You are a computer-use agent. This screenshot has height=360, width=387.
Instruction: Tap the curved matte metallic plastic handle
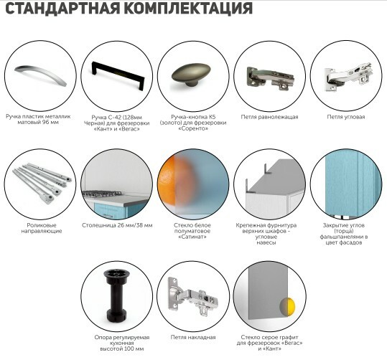click(40, 75)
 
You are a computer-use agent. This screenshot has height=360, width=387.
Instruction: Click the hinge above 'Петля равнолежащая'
click(270, 78)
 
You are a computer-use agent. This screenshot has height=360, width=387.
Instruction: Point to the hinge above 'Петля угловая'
click(348, 77)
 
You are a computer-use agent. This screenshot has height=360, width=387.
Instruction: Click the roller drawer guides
click(42, 183)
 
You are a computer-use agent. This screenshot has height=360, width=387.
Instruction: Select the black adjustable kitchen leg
click(117, 296)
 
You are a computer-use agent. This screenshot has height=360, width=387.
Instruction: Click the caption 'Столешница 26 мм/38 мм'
click(117, 225)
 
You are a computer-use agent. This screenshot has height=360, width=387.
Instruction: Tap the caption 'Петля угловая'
click(346, 117)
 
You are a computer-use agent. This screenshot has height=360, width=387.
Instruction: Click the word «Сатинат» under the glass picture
click(192, 237)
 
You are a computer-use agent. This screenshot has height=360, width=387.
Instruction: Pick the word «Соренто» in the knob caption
click(193, 128)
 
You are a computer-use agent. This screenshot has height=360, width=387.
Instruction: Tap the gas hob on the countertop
click(101, 193)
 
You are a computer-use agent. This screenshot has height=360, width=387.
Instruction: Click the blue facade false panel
click(348, 184)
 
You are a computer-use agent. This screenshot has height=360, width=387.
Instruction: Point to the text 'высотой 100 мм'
click(121, 349)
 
